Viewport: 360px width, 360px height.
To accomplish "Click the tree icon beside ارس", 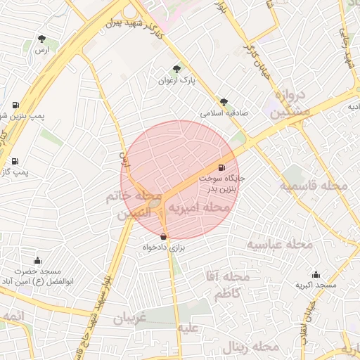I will click(44, 38).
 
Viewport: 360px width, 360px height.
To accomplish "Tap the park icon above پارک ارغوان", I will click(176, 69).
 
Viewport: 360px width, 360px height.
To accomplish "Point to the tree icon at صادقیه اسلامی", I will click(224, 102).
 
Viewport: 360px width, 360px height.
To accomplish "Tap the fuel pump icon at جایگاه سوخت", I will click(223, 167).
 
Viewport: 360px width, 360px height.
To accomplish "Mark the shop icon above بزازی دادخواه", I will click(164, 237).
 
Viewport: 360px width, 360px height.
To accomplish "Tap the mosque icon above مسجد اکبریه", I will click(316, 274).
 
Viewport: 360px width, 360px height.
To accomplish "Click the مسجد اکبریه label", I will click(316, 285).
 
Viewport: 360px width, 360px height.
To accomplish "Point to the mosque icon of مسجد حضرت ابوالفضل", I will click(37, 260).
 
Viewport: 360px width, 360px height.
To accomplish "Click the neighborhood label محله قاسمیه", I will click(314, 186).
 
